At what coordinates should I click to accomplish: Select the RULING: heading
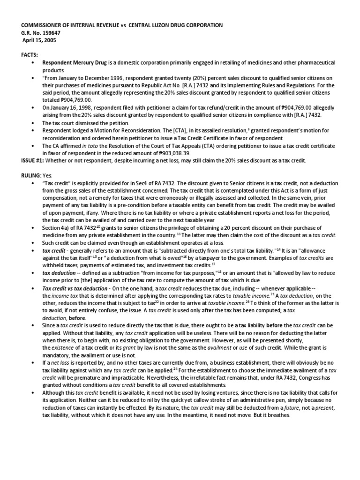coord(30,174)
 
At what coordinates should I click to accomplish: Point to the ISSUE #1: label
coord(32,160)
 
